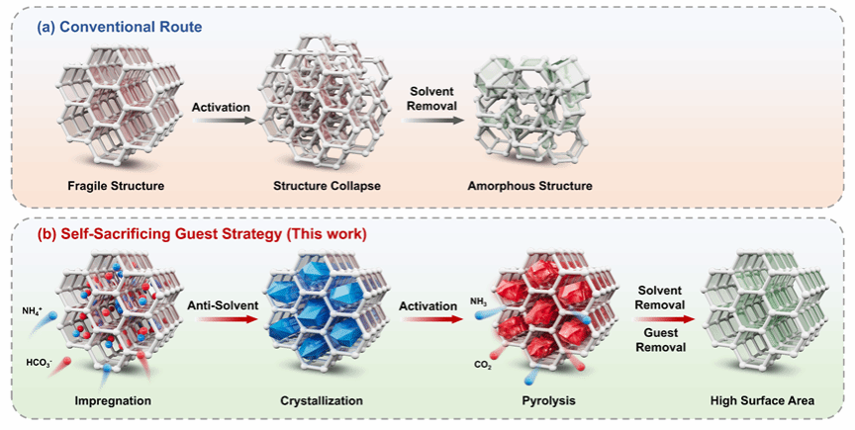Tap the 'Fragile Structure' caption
pyautogui.click(x=115, y=186)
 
